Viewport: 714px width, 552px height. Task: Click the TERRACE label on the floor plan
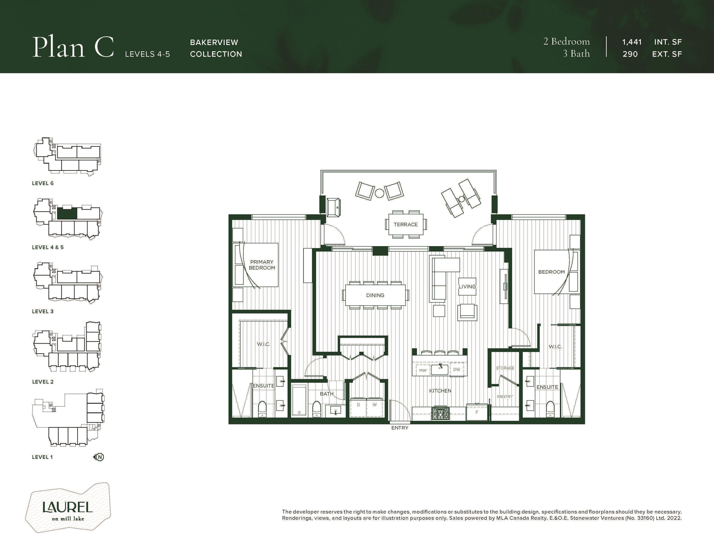405,224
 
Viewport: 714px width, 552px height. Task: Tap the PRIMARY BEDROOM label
262,265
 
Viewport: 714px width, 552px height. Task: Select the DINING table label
375,295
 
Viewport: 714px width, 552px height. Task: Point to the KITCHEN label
440,391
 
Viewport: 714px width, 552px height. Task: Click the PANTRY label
505,397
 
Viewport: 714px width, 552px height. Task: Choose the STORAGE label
505,368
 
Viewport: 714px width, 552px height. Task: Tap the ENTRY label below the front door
400,428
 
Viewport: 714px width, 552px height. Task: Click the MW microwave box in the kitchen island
423,370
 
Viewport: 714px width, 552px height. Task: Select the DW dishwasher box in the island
457,370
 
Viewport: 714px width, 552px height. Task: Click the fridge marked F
477,412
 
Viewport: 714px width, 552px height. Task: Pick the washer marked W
375,407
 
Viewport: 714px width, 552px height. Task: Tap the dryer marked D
358,407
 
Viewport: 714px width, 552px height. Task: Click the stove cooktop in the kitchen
440,413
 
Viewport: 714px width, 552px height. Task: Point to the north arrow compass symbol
99,457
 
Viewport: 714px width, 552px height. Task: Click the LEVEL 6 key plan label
43,183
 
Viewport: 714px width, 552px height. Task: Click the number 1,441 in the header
632,42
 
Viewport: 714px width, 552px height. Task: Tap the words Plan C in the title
73,48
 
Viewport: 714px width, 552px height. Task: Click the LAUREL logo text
68,507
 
